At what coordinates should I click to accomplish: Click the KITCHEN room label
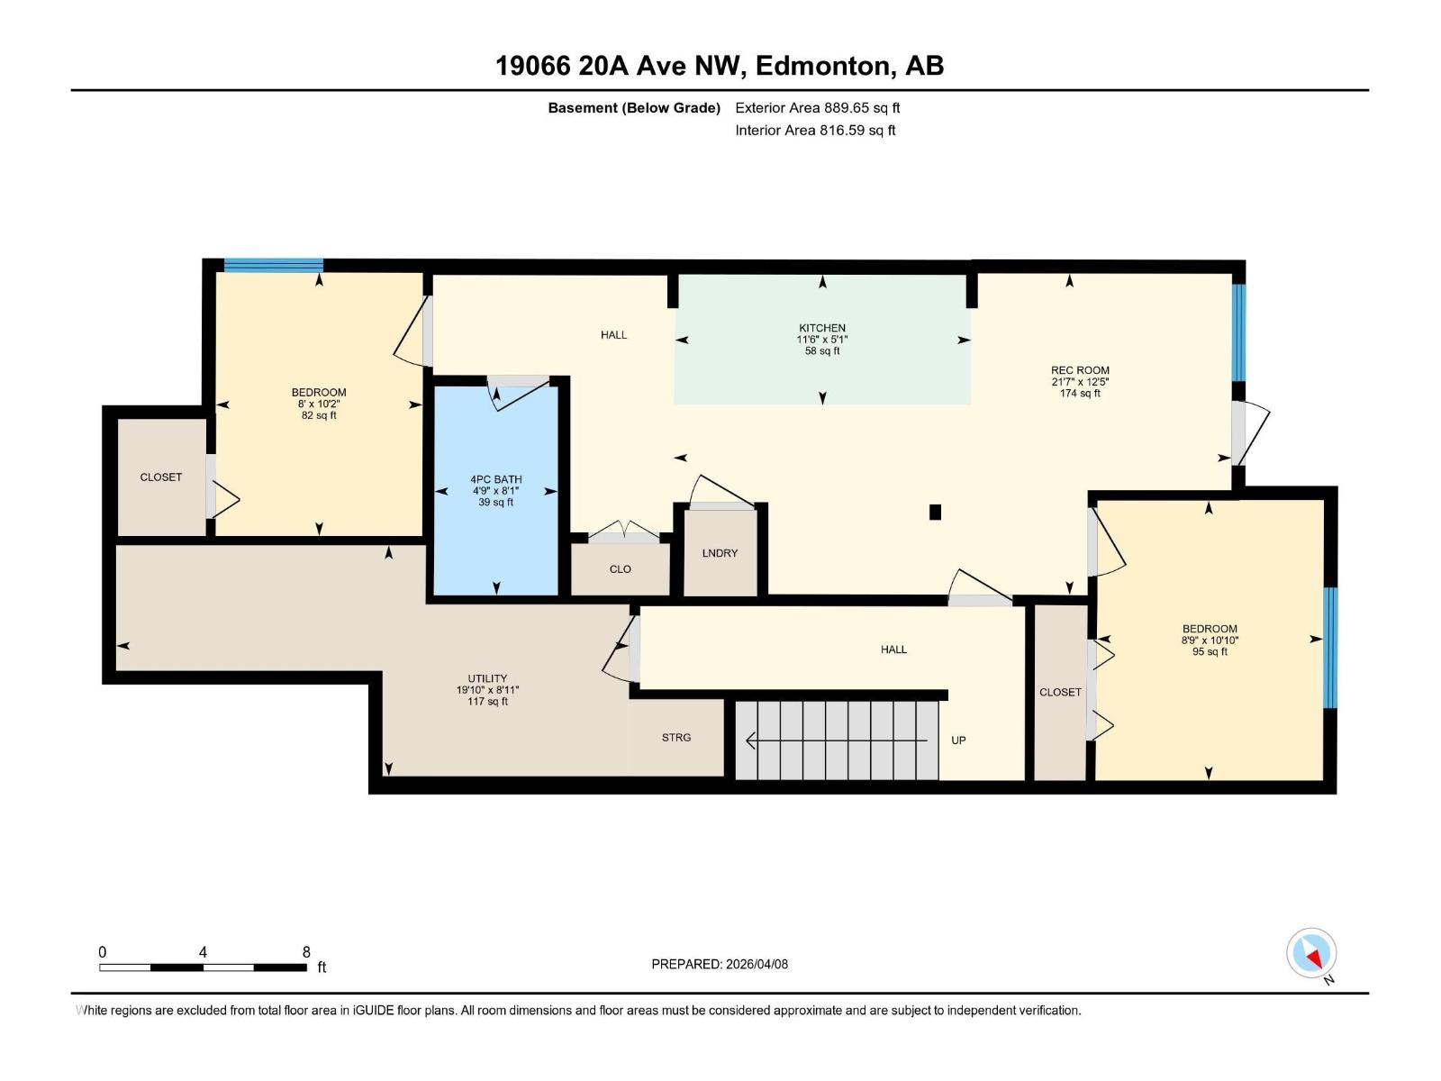pyautogui.click(x=822, y=328)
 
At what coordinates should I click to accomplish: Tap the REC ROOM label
pyautogui.click(x=1080, y=370)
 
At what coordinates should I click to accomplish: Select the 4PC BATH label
pyautogui.click(x=495, y=479)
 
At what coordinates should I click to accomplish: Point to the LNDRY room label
pyautogui.click(x=720, y=552)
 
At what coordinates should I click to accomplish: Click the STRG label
pyautogui.click(x=676, y=737)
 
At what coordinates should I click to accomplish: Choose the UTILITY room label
pyautogui.click(x=487, y=678)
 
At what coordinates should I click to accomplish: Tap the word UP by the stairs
pyautogui.click(x=958, y=740)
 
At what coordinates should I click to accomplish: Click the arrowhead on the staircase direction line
pyautogui.click(x=751, y=740)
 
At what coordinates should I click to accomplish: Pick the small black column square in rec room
pyautogui.click(x=936, y=512)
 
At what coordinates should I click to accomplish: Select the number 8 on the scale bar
pyautogui.click(x=306, y=951)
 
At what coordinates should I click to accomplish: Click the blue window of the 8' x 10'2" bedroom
pyautogui.click(x=273, y=265)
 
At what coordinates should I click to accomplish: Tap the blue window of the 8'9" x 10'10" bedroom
pyautogui.click(x=1330, y=648)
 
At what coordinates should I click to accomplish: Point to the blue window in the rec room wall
pyautogui.click(x=1238, y=332)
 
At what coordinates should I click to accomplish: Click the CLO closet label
pyautogui.click(x=620, y=569)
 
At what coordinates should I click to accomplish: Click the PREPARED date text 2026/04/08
pyautogui.click(x=757, y=964)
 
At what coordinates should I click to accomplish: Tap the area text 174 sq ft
pyautogui.click(x=1080, y=393)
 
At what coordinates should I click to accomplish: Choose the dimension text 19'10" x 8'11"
pyautogui.click(x=487, y=690)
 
